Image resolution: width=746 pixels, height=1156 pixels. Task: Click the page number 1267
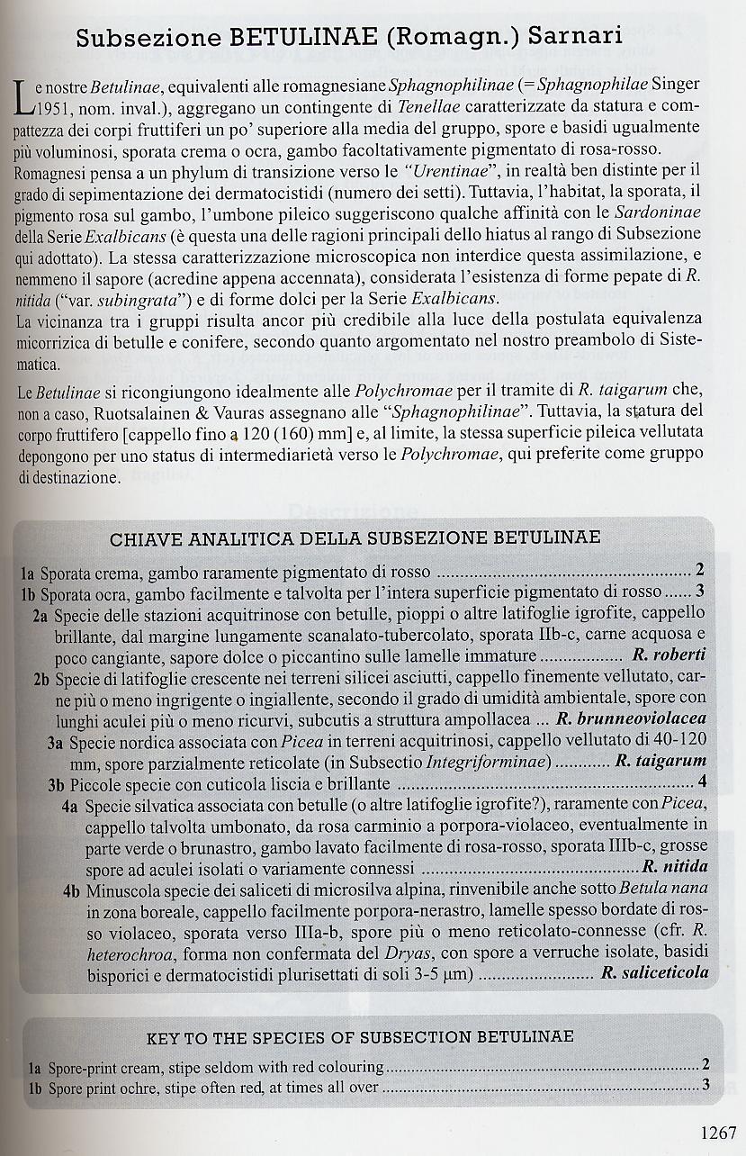click(716, 1133)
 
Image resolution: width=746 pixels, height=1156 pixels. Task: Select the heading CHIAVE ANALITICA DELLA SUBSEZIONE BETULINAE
click(355, 539)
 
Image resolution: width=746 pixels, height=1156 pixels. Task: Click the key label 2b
click(40, 678)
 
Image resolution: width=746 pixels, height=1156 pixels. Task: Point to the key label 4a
click(72, 805)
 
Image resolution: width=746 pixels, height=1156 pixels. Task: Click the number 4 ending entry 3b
click(702, 781)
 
